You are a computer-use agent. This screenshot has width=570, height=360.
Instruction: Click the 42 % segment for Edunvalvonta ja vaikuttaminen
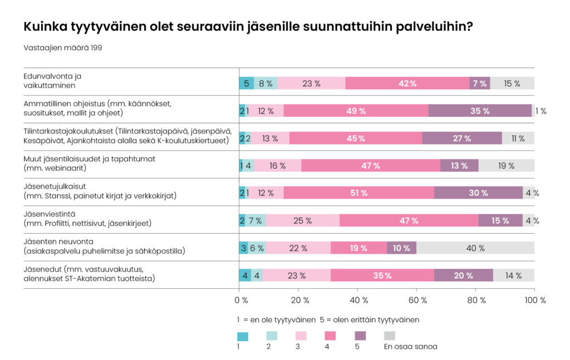407,83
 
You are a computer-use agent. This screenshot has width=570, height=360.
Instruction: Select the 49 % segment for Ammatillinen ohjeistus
356,111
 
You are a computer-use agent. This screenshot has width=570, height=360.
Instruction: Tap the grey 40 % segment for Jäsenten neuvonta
475,248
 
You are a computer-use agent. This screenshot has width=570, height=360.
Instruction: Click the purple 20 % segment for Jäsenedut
464,275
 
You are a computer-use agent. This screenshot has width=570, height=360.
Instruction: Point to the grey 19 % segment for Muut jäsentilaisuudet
507,166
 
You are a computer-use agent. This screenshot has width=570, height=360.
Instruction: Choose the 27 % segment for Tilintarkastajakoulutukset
462,139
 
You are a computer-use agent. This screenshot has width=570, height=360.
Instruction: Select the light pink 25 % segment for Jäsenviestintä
302,221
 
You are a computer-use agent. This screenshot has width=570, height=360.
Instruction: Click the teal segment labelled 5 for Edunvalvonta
247,83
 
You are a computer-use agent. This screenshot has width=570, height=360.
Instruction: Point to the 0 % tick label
241,300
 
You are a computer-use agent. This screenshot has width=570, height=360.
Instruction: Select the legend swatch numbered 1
243,336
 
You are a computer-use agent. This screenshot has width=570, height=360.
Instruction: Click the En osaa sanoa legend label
410,347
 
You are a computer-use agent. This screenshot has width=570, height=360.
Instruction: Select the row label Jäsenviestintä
48,213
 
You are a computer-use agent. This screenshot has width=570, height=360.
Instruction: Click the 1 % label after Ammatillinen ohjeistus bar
540,111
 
